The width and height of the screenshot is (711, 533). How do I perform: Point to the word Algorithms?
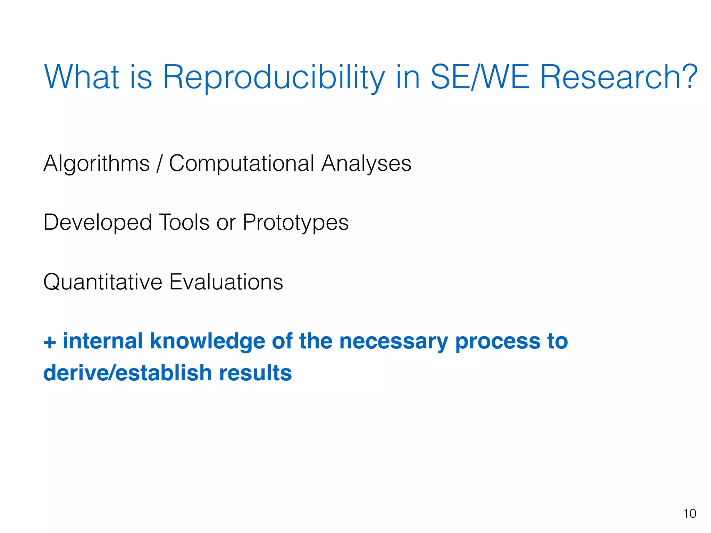tap(97, 163)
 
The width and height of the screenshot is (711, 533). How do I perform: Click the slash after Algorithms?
tap(159, 163)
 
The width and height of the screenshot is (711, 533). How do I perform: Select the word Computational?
tap(242, 163)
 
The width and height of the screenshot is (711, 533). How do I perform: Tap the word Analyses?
tap(366, 163)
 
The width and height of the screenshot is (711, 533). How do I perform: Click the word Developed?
tap(98, 222)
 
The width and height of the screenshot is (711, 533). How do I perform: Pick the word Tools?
tap(184, 222)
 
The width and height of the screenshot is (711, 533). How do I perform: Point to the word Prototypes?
tap(295, 222)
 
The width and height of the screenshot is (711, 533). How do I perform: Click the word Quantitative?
tap(103, 282)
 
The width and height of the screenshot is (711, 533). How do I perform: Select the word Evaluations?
tap(226, 282)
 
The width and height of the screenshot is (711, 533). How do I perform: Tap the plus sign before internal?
tap(50, 342)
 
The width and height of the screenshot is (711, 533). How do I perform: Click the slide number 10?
tap(689, 514)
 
